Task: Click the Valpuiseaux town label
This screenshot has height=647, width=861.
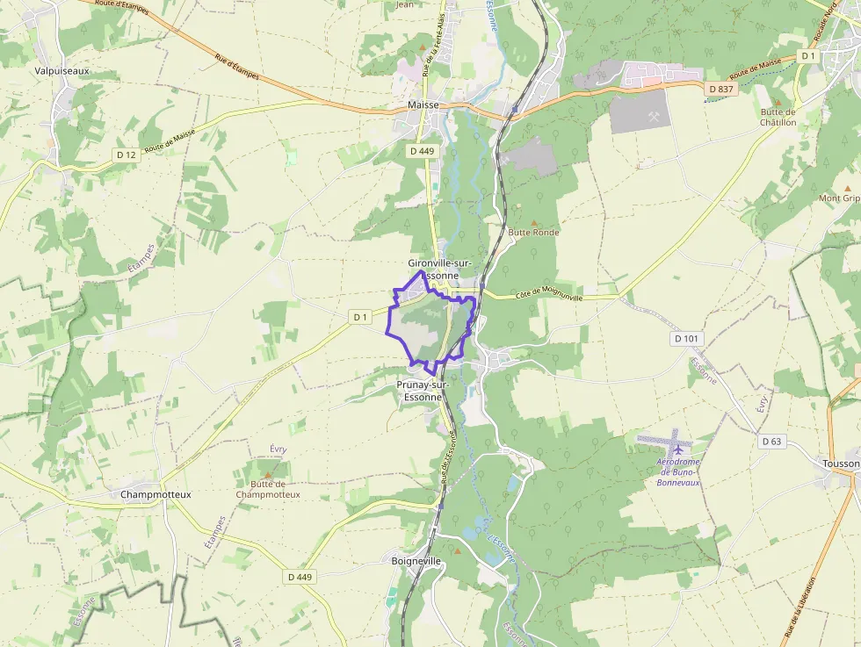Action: pyautogui.click(x=61, y=70)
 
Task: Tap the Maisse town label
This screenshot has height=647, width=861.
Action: pyautogui.click(x=423, y=105)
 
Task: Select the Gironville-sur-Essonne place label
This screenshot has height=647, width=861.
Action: pyautogui.click(x=440, y=269)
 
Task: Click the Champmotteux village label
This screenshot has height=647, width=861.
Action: pyautogui.click(x=156, y=494)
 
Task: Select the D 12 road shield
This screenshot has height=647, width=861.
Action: pyautogui.click(x=127, y=155)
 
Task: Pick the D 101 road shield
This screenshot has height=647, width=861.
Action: pyautogui.click(x=687, y=338)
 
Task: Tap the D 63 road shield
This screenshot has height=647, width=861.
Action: pyautogui.click(x=772, y=441)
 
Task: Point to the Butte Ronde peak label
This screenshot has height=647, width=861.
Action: pyautogui.click(x=533, y=233)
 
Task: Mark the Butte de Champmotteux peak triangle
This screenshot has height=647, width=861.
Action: pyautogui.click(x=268, y=474)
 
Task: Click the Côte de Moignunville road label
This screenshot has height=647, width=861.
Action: pyautogui.click(x=549, y=296)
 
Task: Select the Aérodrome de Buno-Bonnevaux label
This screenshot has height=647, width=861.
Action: pyautogui.click(x=677, y=472)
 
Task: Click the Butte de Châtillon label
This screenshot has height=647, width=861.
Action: pyautogui.click(x=778, y=117)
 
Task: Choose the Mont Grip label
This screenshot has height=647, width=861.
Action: pyautogui.click(x=839, y=198)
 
